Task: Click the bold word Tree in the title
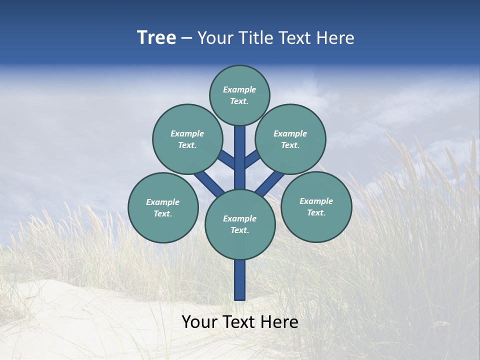coord(156,38)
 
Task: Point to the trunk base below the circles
coord(240,280)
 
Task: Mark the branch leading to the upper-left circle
coord(226,159)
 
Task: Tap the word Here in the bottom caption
coord(281,322)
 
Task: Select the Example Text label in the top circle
coord(239,95)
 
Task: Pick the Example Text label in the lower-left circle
coord(163,208)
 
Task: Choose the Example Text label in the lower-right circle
coord(316,207)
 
